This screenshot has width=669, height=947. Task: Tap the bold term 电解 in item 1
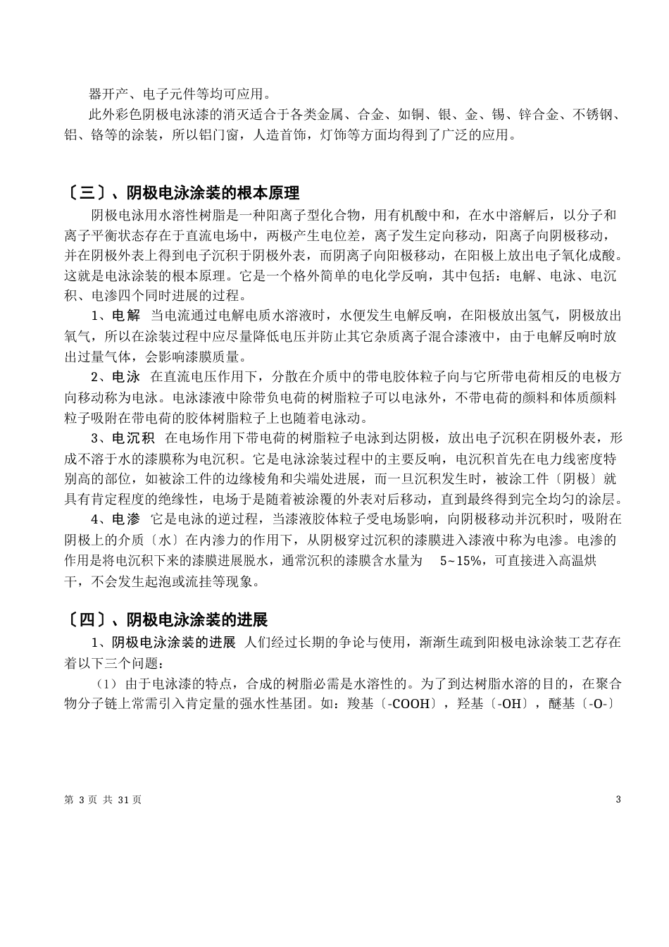[126, 315]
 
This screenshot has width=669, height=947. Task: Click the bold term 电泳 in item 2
[126, 376]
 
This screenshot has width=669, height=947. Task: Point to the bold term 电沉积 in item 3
[133, 438]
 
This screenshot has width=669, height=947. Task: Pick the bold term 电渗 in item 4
[126, 519]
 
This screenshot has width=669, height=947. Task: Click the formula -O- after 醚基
[599, 704]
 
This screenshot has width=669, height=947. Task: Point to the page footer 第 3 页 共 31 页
[103, 800]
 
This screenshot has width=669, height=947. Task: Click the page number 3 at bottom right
[618, 799]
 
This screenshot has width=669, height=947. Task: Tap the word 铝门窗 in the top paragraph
[219, 135]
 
